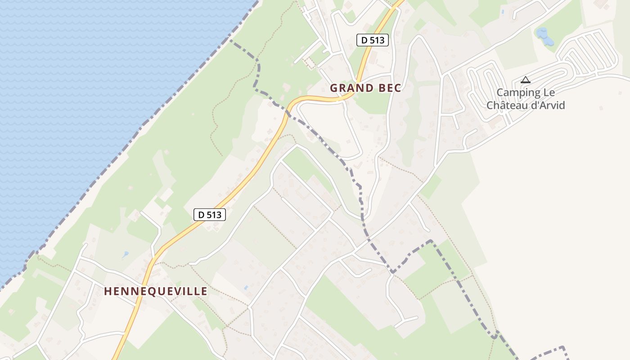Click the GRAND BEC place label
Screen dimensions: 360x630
point(365,88)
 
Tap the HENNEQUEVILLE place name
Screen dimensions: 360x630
point(156,291)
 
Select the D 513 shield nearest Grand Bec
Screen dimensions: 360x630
point(373,40)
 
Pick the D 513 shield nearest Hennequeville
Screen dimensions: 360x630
point(210,215)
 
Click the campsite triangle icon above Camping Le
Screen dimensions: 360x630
point(525,80)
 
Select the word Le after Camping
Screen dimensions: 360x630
point(550,93)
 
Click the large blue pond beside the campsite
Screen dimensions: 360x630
point(544,36)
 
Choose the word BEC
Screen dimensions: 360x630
point(390,88)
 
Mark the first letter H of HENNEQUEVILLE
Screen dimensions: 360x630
point(108,291)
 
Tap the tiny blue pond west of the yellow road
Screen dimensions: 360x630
point(125,254)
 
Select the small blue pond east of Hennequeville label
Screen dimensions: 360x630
point(245,287)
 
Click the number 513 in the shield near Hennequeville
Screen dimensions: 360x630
point(214,215)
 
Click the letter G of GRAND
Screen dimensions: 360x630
point(334,88)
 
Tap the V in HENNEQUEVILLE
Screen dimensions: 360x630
point(177,291)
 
